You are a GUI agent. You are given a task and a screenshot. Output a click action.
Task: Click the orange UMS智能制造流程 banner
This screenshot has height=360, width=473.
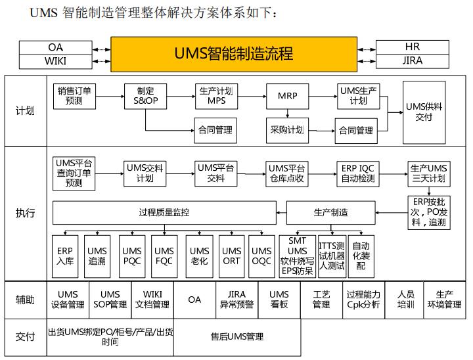tap(234, 55)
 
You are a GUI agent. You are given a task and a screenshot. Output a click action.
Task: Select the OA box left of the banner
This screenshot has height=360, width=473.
tap(56, 47)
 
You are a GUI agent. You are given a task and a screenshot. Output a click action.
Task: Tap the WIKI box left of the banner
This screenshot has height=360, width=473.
tap(56, 62)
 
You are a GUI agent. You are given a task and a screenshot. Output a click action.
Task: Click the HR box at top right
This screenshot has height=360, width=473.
tap(412, 47)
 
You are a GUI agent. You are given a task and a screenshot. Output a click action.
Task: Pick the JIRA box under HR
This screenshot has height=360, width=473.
tap(412, 61)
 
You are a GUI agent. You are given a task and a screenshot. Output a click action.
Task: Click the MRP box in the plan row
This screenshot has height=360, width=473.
tap(287, 96)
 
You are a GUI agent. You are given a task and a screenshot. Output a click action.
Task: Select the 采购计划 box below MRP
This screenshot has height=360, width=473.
tap(287, 129)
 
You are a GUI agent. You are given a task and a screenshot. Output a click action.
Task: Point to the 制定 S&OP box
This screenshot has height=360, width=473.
tap(146, 96)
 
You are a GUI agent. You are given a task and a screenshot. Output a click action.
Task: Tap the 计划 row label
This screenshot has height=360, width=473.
tap(25, 110)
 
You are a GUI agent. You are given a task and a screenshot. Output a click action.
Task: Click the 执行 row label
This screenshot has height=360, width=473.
tap(25, 213)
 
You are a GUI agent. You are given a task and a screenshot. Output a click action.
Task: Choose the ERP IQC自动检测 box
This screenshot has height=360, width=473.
tap(358, 173)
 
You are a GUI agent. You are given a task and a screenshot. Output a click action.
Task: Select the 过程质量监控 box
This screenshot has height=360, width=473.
tap(164, 212)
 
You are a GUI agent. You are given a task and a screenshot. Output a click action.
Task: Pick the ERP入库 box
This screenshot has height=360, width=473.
tap(64, 256)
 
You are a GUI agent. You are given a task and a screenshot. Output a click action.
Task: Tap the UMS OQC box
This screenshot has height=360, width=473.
tap(261, 256)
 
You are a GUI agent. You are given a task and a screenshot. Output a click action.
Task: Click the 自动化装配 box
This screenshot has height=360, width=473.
tap(361, 256)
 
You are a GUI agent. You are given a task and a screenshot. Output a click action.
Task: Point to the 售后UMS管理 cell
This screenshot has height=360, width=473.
tap(237, 336)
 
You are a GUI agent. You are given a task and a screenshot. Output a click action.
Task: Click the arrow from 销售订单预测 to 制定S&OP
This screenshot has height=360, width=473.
tap(110, 97)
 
